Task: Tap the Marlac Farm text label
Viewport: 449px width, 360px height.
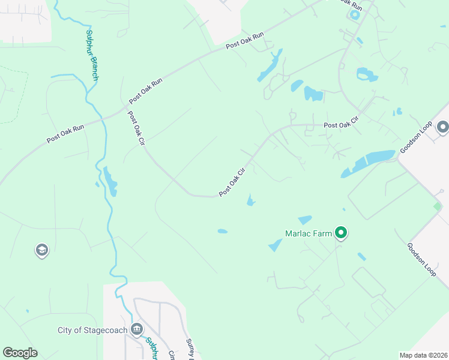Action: coord(309,233)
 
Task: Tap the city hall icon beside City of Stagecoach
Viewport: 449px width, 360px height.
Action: coord(137,329)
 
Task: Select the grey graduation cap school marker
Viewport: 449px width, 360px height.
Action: coord(41,250)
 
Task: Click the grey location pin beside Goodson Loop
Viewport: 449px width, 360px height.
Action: coord(443,127)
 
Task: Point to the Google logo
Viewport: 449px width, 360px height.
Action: coord(20,352)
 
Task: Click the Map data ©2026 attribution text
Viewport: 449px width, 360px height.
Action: coord(423,355)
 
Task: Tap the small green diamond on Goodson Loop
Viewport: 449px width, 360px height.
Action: coord(438,206)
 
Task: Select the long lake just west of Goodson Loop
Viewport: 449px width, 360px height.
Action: coord(367,163)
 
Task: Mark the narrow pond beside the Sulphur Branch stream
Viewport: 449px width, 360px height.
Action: coord(109,181)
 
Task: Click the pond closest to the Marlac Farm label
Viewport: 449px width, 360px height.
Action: coord(305,220)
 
